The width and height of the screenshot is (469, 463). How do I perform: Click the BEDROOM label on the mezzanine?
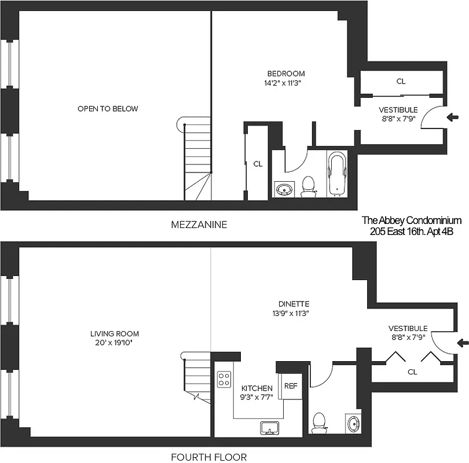pyautogui.click(x=285, y=74)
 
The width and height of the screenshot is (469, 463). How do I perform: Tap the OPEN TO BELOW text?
pyautogui.click(x=108, y=109)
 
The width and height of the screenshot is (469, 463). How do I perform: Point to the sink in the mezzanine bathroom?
pyautogui.click(x=284, y=189)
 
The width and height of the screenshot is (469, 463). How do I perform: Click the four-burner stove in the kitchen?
pyautogui.click(x=223, y=379)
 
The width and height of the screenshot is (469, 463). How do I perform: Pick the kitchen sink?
pyautogui.click(x=270, y=428)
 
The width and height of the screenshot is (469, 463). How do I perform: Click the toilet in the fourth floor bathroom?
pyautogui.click(x=319, y=422)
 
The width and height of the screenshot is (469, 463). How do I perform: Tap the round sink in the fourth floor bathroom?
pyautogui.click(x=353, y=424)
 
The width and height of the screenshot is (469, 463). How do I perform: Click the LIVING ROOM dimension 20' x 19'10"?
pyautogui.click(x=114, y=343)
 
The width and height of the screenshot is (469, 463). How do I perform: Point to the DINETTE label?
pyautogui.click(x=293, y=304)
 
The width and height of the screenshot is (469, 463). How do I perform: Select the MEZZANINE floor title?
pyautogui.click(x=199, y=224)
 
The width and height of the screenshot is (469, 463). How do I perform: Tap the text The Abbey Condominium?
pyautogui.click(x=411, y=221)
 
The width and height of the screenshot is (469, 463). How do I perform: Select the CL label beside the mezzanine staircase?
pyautogui.click(x=258, y=164)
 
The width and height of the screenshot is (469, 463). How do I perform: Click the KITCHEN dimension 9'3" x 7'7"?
pyautogui.click(x=257, y=397)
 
